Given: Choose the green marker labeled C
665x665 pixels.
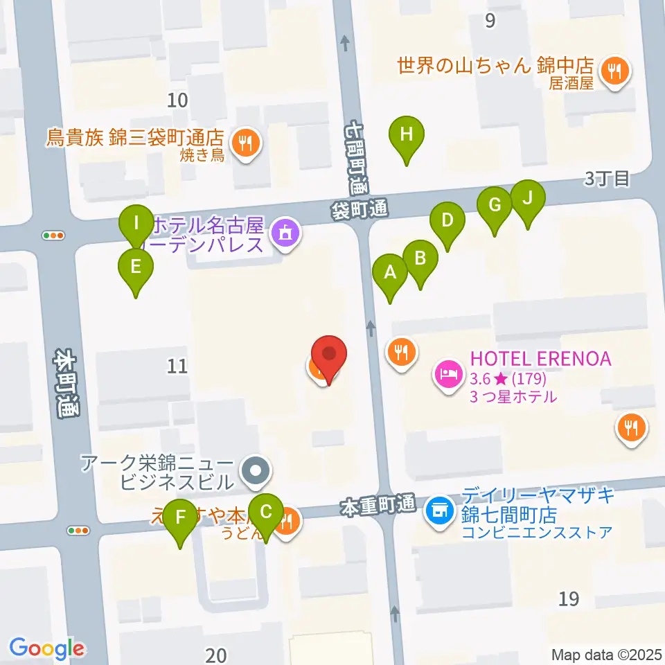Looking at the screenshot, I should [266, 514].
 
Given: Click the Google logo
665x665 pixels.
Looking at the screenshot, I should [47, 648].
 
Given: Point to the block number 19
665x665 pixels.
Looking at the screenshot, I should [569, 598].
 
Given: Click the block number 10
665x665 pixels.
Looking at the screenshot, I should [177, 100].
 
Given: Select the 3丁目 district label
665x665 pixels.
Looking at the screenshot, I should [606, 179].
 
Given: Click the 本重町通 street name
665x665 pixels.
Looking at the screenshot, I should [377, 507].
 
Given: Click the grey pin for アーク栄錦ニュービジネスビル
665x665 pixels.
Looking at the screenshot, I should [256, 471].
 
